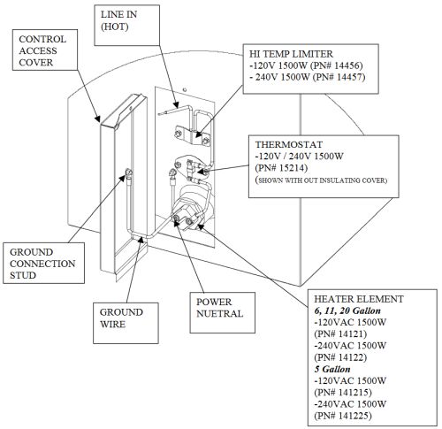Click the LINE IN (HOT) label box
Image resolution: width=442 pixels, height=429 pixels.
pos(127,26)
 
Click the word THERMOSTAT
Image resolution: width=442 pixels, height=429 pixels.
pos(289,145)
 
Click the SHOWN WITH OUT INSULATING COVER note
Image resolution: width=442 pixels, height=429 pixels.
pos(321,180)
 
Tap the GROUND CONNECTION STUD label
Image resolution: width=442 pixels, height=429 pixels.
pos(43,263)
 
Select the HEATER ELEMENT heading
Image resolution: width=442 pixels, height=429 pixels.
pos(359,299)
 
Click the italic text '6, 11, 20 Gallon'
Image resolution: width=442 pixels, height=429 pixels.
pos(347,310)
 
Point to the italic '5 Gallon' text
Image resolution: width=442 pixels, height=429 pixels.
pos(332,369)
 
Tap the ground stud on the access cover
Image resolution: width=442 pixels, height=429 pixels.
pos(129,172)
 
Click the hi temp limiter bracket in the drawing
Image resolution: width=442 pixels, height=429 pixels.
pos(193,135)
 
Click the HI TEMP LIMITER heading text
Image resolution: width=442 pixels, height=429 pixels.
pos(291,54)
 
